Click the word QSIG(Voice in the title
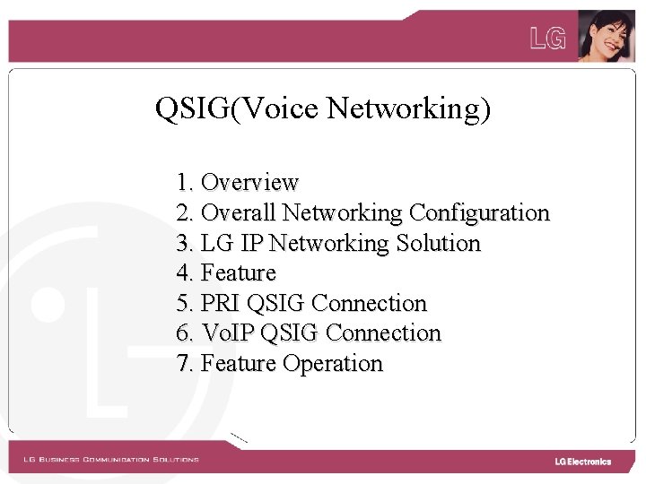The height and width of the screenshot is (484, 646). (236, 108)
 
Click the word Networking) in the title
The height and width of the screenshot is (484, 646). (408, 108)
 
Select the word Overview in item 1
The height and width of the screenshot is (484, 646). (249, 183)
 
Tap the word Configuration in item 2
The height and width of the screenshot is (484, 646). (478, 213)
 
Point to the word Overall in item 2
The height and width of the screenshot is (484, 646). (239, 213)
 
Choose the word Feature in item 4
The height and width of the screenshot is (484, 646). (239, 272)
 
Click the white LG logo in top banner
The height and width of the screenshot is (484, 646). (548, 39)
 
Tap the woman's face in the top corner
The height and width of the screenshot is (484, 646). (606, 36)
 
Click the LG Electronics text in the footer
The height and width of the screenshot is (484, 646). (582, 462)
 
